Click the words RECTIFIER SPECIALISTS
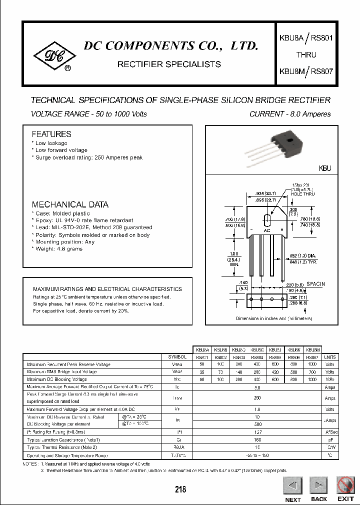tap(168, 64)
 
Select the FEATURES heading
tap(51, 134)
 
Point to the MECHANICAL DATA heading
tap(70, 204)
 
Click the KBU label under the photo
tap(324, 169)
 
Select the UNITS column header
tap(330, 357)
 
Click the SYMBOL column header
tap(177, 357)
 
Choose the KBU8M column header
tap(313, 350)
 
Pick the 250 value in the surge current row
tap(257, 398)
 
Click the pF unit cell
tap(330, 439)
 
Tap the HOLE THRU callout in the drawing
tap(303, 193)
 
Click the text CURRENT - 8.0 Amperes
tap(290, 114)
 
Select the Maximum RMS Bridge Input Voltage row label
tap(61, 372)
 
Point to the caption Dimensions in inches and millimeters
tap(274, 318)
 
